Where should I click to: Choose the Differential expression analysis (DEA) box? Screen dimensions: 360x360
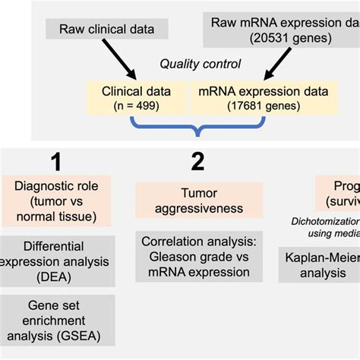click(x=59, y=261)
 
